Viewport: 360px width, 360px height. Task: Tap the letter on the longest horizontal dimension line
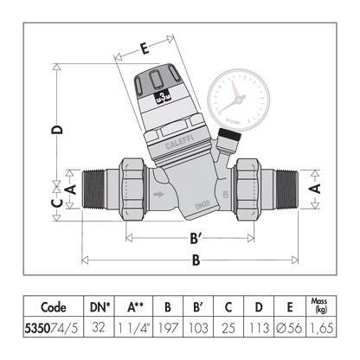click(x=196, y=259)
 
